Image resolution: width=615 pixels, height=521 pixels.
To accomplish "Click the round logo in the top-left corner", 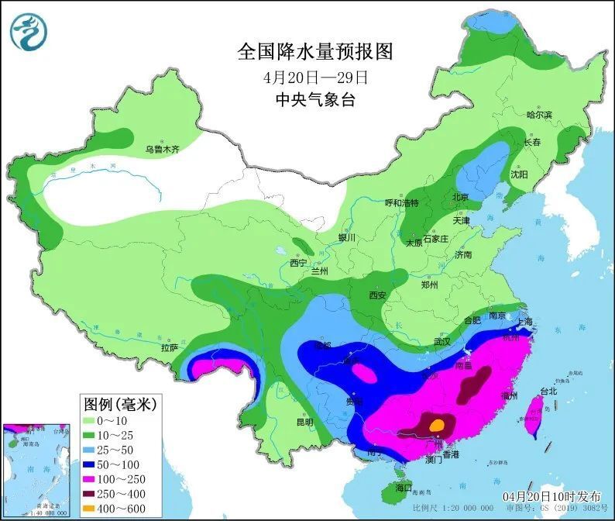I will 29,32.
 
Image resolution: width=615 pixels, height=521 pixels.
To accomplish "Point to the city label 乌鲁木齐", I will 162,150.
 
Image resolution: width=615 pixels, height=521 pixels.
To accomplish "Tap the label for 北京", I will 460,198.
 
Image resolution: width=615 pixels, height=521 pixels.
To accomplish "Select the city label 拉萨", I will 170,347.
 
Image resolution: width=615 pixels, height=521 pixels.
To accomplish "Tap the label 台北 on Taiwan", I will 548,391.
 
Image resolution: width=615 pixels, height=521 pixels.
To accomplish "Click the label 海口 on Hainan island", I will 404,488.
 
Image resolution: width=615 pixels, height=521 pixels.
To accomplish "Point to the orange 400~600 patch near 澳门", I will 438,424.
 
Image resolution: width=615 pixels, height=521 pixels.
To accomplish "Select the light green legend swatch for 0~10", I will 92,420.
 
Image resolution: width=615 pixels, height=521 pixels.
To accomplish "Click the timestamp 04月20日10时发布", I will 551,495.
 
